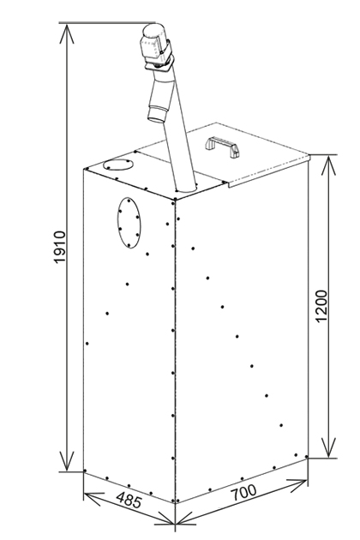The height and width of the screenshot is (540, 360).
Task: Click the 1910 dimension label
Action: click(60, 247)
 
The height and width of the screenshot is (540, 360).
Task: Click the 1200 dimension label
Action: click(321, 306)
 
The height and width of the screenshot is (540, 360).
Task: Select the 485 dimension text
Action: click(129, 500)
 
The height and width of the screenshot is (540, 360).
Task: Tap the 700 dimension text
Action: click(243, 493)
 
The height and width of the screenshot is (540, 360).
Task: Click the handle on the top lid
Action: click(222, 147)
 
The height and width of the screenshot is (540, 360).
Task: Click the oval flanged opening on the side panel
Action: click(129, 223)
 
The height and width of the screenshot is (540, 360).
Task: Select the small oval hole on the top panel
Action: click(117, 165)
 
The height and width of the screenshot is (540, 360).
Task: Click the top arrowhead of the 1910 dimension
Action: click(67, 33)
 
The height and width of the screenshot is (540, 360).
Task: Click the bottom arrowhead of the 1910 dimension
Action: click(67, 461)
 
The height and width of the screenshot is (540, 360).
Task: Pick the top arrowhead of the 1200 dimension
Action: click(329, 165)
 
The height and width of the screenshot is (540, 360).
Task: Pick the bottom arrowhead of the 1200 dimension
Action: click(329, 447)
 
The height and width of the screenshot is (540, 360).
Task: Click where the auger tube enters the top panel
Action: click(186, 188)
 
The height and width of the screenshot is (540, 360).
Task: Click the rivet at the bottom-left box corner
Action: click(85, 471)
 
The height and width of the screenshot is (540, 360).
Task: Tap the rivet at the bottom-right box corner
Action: click(307, 457)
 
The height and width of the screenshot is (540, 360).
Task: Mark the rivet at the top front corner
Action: click(176, 199)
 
